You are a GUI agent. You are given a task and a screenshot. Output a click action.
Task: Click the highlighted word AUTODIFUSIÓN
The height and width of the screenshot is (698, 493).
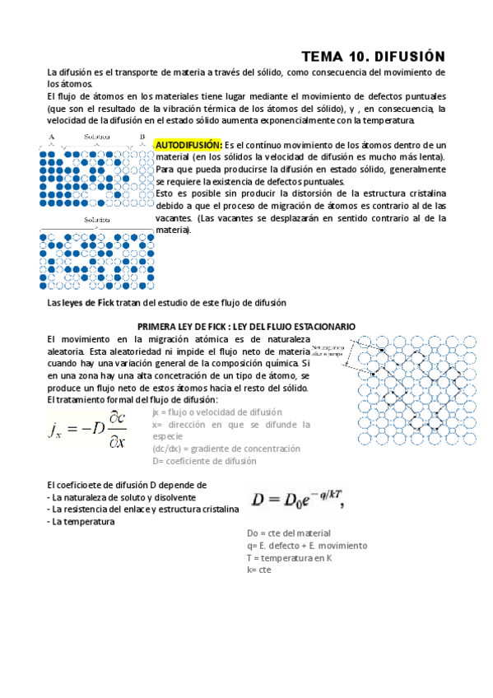coord(188,144)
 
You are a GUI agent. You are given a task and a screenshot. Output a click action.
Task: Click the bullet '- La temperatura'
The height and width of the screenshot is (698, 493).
coord(81,521)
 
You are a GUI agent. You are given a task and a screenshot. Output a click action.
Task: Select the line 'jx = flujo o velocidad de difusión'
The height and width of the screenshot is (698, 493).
coord(217,412)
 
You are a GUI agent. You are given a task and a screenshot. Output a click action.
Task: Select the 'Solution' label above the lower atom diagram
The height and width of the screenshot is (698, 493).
coord(97,221)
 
